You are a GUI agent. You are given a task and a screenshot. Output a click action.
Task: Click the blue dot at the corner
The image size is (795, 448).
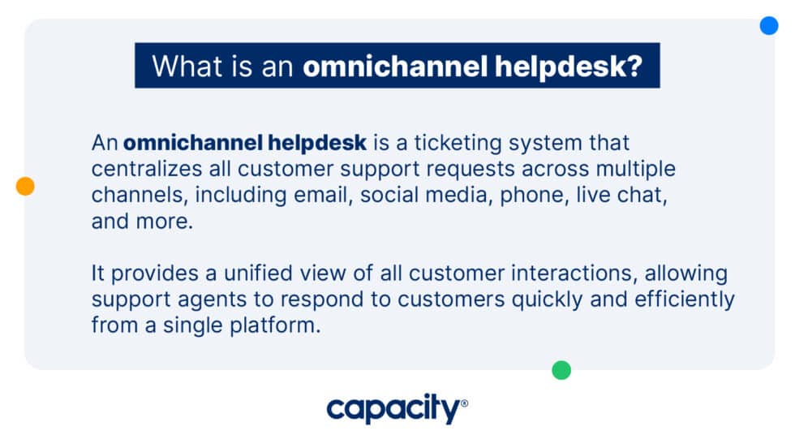click(x=768, y=25)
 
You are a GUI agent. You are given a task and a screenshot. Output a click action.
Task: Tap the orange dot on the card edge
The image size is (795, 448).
click(x=25, y=187)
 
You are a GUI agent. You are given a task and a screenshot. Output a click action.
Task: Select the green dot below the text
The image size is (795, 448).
click(x=561, y=370)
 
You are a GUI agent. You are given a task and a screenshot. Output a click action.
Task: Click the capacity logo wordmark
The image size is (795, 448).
click(x=393, y=410)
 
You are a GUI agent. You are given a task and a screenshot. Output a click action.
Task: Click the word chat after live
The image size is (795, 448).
click(x=643, y=196)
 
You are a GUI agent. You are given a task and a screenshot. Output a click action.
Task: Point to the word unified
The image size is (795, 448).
click(x=254, y=274)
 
